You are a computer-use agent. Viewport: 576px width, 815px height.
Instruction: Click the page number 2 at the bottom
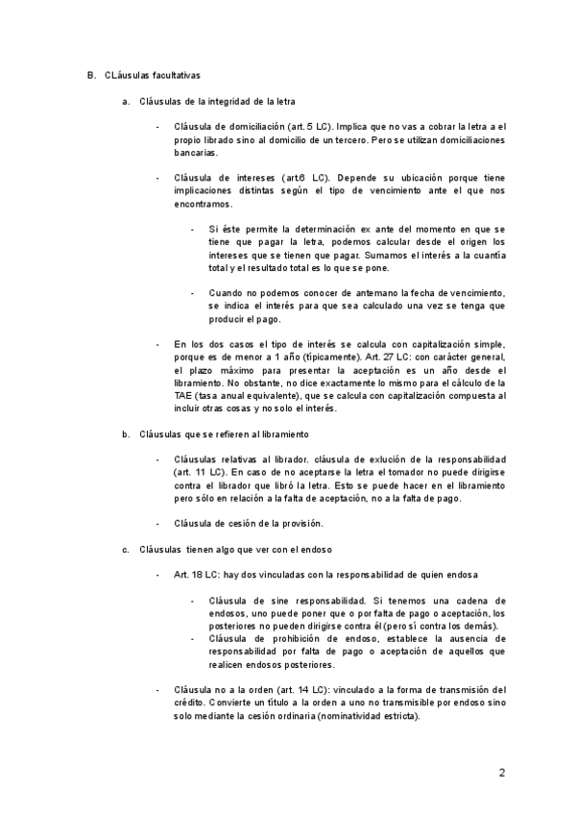(x=501, y=771)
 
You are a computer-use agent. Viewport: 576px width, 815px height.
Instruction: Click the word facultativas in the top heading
(x=174, y=75)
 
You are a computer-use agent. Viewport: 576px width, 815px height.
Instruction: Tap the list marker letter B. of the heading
(x=90, y=75)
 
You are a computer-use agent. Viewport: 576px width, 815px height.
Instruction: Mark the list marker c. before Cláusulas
(x=126, y=549)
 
